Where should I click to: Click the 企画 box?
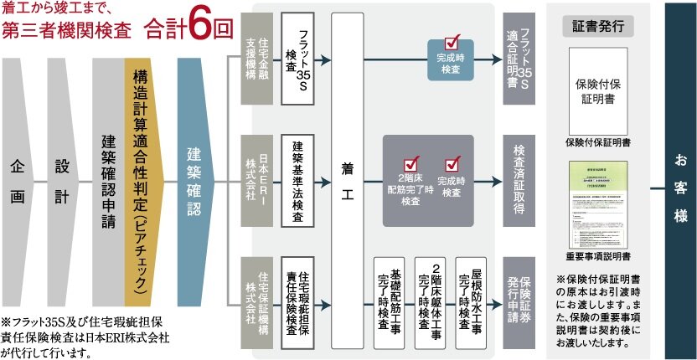pyautogui.click(x=18, y=180)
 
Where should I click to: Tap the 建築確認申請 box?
pyautogui.click(x=107, y=180)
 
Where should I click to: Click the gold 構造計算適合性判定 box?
pyautogui.click(x=142, y=180)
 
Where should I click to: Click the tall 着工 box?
pyautogui.click(x=348, y=180)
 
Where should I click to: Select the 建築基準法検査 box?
pyautogui.click(x=297, y=180)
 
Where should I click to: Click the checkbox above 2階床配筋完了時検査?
pyautogui.click(x=411, y=165)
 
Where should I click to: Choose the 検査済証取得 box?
pyautogui.click(x=519, y=180)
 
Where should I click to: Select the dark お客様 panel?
pyautogui.click(x=680, y=180)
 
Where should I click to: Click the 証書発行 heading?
pyautogui.click(x=600, y=25)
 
